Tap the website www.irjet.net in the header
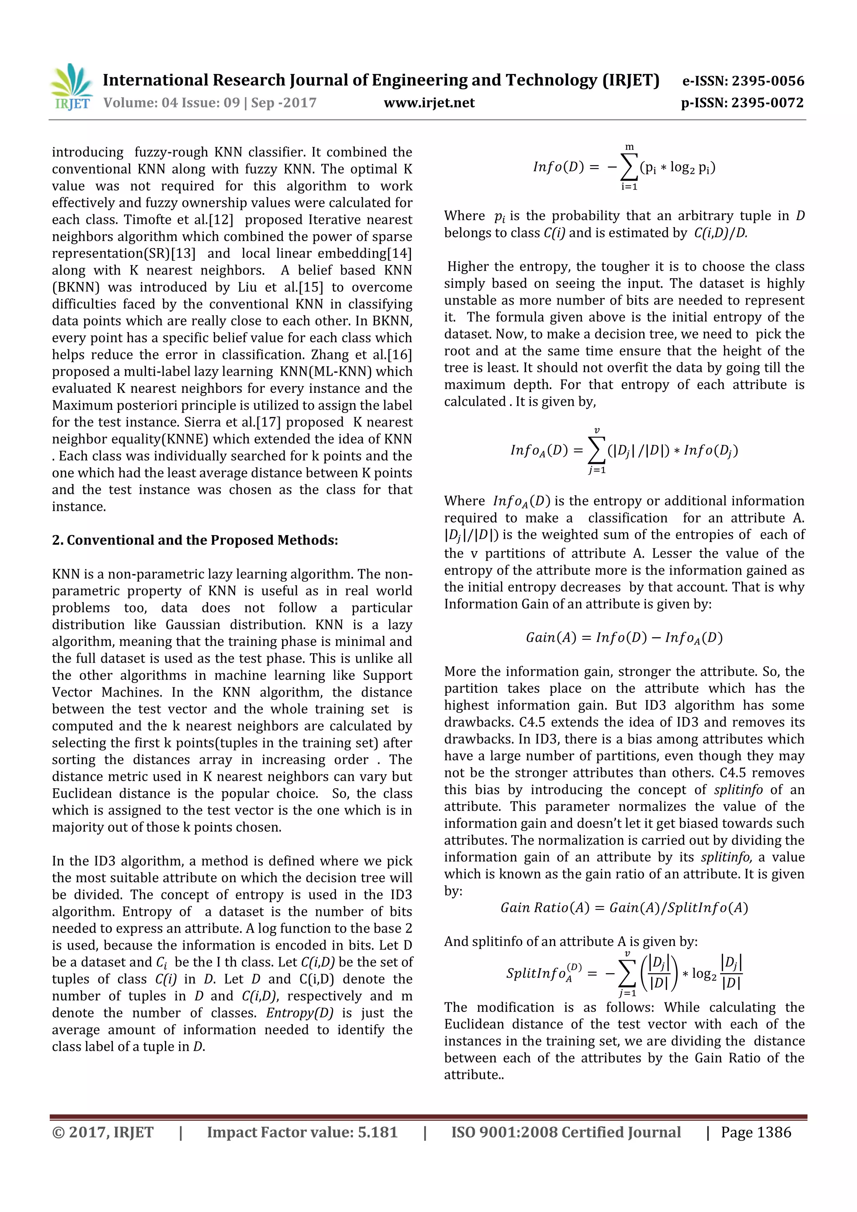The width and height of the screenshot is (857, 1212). point(429,102)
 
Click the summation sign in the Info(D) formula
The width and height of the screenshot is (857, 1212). point(629,168)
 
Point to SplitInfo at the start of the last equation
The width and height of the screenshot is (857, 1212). point(536,973)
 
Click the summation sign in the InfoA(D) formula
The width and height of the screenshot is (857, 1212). point(597,451)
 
